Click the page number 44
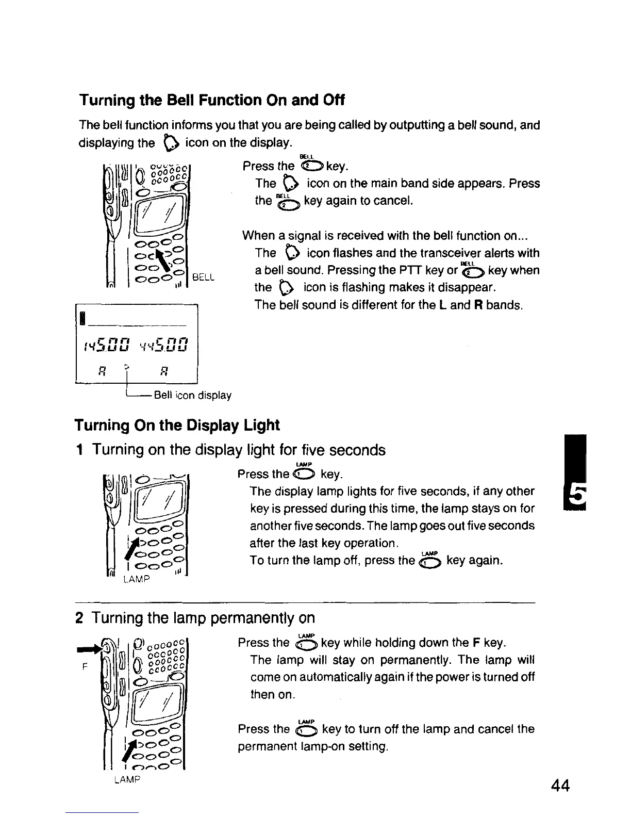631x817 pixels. point(560,786)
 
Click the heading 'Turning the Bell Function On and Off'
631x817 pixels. point(211,100)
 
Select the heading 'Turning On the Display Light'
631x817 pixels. point(177,426)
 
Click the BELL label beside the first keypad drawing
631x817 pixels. point(203,277)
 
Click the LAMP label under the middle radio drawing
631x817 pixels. point(137,579)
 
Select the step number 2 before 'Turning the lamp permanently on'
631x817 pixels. point(79,618)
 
